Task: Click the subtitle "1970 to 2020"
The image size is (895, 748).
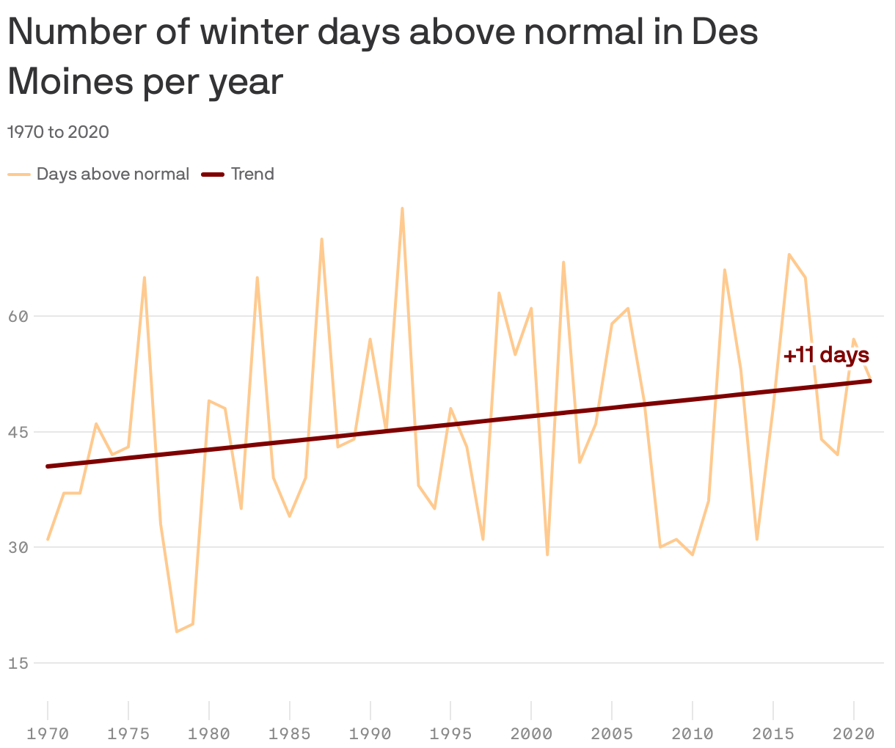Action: coord(58,132)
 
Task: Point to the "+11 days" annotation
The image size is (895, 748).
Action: coord(826,356)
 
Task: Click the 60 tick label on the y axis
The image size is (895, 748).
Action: coord(18,317)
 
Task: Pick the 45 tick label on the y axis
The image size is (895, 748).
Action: coord(18,432)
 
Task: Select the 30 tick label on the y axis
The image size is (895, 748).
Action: coord(18,548)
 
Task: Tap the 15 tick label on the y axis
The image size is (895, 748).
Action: coord(18,663)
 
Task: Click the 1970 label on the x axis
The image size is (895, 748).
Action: coord(48,733)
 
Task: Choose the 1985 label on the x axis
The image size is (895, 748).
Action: coord(290,733)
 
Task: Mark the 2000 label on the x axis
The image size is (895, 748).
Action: coord(531,733)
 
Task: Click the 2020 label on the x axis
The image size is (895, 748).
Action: coord(854,733)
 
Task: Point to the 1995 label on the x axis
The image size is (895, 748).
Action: coord(451,733)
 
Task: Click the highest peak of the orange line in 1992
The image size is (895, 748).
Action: coord(402,208)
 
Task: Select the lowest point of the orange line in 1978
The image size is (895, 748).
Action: coord(177,631)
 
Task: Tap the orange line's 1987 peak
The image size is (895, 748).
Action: coord(321,239)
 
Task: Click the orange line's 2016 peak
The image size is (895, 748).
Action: coord(789,254)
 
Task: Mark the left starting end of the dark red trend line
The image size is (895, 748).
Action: coord(48,466)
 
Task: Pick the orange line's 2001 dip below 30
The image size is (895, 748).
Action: coord(547,554)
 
